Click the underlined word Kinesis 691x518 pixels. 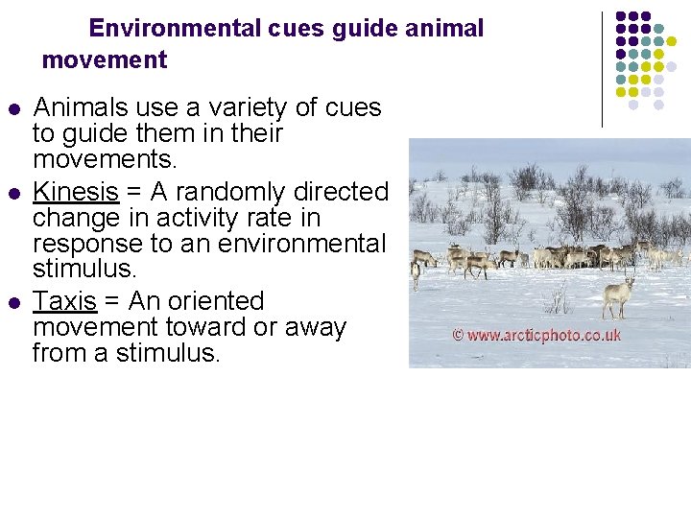point(76,193)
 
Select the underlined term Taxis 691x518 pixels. point(64,302)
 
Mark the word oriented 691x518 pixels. point(213,302)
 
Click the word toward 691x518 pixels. point(203,327)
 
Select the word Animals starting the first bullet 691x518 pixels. point(78,107)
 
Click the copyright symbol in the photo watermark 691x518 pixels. point(459,336)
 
